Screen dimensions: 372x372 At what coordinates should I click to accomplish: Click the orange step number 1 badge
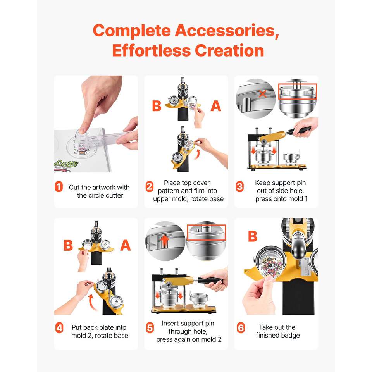point(59,187)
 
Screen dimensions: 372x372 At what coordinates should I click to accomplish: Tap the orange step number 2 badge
point(150,187)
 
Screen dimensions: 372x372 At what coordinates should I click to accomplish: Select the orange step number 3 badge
point(239,187)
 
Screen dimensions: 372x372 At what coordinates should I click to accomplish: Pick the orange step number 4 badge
point(59,328)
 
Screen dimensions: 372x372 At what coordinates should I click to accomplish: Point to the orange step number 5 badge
point(150,328)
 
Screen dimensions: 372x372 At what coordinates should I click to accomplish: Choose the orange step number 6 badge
point(241,328)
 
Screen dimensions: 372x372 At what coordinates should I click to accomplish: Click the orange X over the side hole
point(262,94)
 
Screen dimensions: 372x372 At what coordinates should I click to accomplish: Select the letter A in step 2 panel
point(216,106)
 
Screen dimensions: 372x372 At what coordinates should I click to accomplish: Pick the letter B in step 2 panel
point(157,106)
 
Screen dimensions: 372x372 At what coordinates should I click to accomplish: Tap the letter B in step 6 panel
point(252,236)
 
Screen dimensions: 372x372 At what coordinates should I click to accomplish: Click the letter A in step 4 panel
point(126,245)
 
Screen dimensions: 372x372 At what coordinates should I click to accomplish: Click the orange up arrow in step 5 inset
point(165,241)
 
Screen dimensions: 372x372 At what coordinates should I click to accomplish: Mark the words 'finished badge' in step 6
point(278,335)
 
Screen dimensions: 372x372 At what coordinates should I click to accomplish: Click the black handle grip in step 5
point(210,281)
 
